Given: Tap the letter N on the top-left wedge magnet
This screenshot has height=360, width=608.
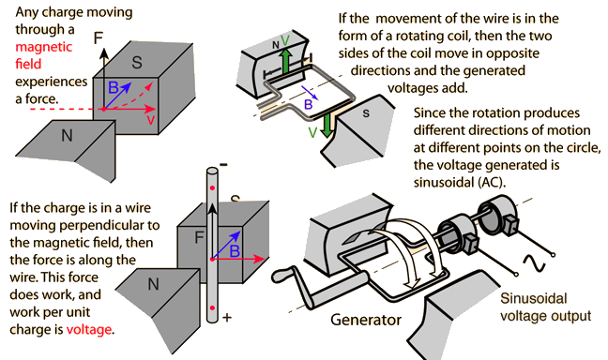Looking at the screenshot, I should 67,135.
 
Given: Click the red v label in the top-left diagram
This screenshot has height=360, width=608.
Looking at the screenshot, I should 150,120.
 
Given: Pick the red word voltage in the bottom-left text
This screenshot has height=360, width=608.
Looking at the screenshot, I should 90,330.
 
